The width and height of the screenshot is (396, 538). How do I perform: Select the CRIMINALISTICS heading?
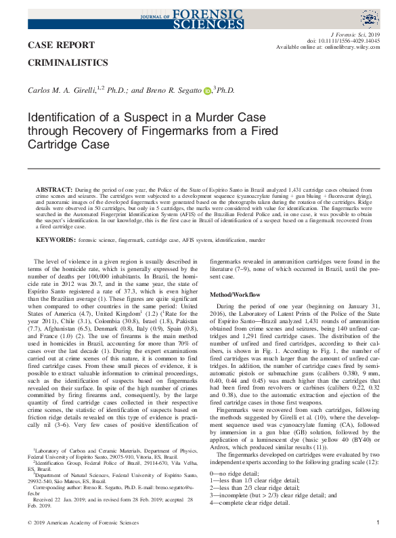click(68, 63)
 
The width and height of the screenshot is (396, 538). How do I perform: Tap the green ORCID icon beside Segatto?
click(207, 91)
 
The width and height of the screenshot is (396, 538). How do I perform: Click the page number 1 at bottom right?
click(378, 522)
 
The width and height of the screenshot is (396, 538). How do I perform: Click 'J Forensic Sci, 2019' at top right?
click(354, 33)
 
